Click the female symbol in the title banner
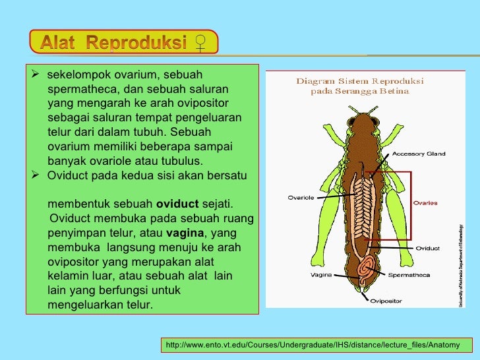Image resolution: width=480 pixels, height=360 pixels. point(200,44)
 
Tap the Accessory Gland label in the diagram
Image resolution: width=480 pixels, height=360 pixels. point(419,154)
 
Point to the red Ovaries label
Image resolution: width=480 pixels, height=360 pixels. point(425,203)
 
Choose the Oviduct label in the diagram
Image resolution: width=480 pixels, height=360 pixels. point(427,249)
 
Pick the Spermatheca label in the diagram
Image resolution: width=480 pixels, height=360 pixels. point(410,275)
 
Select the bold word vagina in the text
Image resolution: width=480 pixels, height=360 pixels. point(185,233)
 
